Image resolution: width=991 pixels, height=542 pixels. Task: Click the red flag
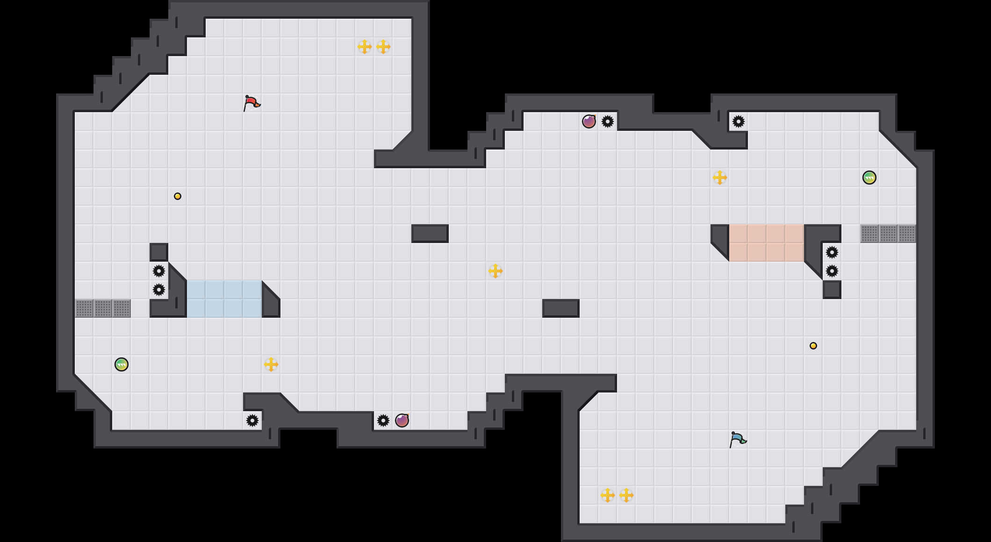(251, 102)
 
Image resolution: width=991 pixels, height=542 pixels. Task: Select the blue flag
(738, 439)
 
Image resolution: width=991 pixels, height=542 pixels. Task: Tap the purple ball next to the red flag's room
(589, 121)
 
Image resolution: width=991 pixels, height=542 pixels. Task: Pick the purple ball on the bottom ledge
(402, 421)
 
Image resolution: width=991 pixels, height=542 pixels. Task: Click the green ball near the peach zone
(869, 178)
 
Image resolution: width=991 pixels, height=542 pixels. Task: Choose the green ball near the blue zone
(122, 364)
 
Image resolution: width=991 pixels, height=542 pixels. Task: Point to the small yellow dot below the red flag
(178, 196)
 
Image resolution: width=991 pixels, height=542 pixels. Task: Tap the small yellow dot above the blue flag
(813, 346)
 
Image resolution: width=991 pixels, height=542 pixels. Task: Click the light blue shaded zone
(224, 299)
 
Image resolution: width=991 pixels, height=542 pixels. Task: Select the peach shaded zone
(767, 243)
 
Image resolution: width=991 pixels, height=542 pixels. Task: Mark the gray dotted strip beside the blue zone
(103, 308)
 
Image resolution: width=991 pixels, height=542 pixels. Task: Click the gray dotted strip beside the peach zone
(888, 234)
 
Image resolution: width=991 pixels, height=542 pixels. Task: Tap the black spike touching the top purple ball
(608, 121)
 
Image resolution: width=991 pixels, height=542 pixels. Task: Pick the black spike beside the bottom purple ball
(383, 421)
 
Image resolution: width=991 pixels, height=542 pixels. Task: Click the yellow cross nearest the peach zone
(720, 178)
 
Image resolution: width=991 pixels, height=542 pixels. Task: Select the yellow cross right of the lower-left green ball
(271, 364)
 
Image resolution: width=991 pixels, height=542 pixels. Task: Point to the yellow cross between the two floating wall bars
(495, 271)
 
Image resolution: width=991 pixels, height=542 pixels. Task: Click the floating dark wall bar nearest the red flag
(430, 234)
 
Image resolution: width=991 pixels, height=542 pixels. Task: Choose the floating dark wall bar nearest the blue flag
(561, 308)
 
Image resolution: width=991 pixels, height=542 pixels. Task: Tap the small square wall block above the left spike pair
(159, 252)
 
